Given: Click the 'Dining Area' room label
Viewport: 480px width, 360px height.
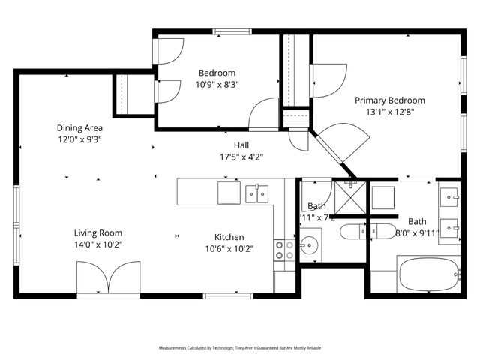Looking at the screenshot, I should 79,127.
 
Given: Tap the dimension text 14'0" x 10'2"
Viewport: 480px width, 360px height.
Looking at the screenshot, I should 97,244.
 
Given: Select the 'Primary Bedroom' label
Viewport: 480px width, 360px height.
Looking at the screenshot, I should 389,100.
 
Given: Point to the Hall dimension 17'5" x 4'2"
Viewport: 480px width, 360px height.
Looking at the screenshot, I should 241,157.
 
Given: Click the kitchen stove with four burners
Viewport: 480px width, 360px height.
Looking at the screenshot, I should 284,250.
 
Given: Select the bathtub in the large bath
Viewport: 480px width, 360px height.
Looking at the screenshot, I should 427,274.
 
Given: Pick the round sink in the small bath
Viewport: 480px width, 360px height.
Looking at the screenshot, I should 309,244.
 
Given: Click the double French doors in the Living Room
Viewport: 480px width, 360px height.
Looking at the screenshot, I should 109,278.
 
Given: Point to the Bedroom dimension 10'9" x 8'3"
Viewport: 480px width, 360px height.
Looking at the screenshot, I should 217,85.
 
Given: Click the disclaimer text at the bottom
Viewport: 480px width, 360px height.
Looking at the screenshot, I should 239,348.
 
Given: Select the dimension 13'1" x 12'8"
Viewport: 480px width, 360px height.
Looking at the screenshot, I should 389,112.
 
